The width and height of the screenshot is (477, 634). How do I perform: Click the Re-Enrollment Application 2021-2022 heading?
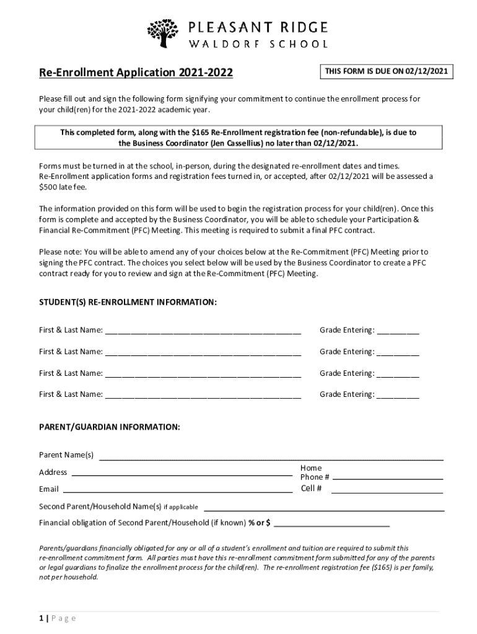(136, 73)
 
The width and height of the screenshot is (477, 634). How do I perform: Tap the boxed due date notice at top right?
(386, 72)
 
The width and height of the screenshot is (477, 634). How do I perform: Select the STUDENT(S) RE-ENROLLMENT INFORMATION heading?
(128, 302)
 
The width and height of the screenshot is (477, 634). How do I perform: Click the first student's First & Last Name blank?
(203, 331)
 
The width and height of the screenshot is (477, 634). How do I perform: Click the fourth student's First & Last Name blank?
(203, 395)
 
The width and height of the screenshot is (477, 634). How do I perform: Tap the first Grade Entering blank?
(398, 331)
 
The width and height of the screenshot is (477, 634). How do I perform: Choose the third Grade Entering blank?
(398, 374)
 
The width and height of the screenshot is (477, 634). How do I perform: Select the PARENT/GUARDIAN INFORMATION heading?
(110, 427)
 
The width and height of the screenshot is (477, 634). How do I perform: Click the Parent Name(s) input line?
(271, 458)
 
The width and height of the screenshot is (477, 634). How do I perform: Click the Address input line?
(182, 474)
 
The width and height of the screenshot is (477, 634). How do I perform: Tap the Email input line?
(182, 490)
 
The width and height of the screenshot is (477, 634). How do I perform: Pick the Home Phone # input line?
(388, 478)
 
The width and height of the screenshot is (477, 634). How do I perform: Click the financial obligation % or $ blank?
(331, 524)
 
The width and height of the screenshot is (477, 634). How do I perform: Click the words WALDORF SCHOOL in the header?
(258, 44)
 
